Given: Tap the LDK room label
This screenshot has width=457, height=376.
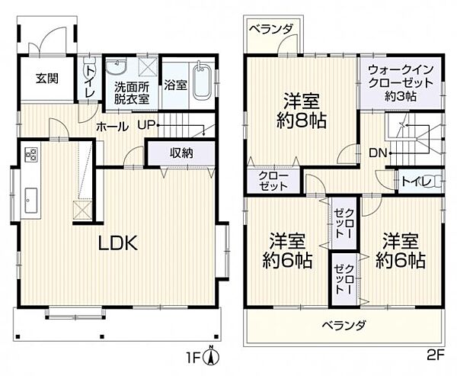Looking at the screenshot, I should coord(117,243).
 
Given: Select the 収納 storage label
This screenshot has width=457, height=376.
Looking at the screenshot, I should coord(181,153).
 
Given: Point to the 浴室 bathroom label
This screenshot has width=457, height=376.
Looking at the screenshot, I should coord(176,85).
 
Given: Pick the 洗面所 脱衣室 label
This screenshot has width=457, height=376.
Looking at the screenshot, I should coord(132,92).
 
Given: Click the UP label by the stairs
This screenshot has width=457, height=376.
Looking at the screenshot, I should coord(147,126).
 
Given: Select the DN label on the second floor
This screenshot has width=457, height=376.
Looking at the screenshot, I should coord(378,153).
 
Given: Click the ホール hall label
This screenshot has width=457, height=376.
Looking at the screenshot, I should coord(112,127).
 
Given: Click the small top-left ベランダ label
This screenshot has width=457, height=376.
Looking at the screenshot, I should coord(273,29).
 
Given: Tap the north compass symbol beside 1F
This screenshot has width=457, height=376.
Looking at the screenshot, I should coord(216,355).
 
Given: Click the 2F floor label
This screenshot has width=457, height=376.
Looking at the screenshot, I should coord(435,354).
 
